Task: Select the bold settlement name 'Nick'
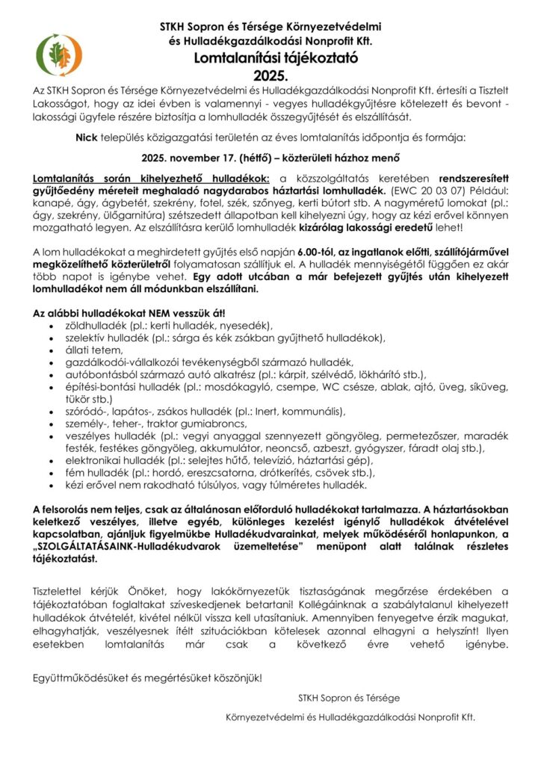[88, 138]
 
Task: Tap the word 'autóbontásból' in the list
[102, 373]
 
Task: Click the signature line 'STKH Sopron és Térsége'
[348, 698]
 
